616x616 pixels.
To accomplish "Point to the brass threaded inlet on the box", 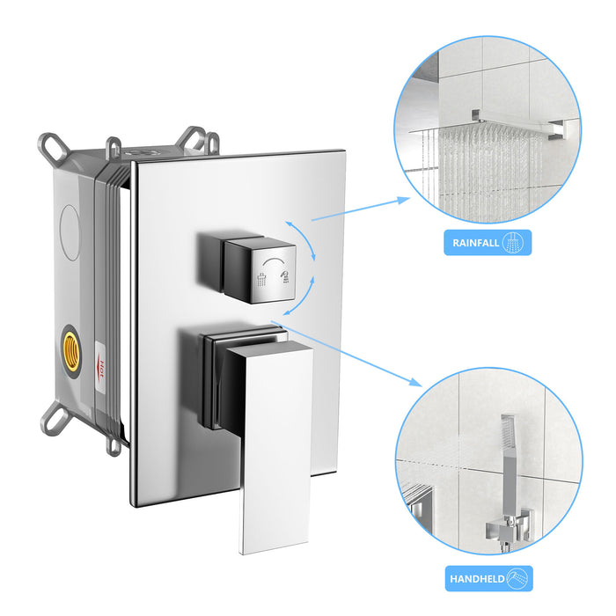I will coord(69,347).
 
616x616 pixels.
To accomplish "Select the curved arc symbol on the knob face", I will coord(275,261).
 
